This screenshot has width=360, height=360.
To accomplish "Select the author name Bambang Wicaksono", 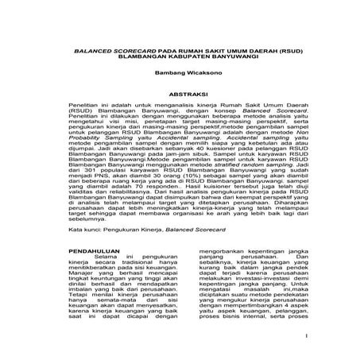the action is point(180,70).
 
